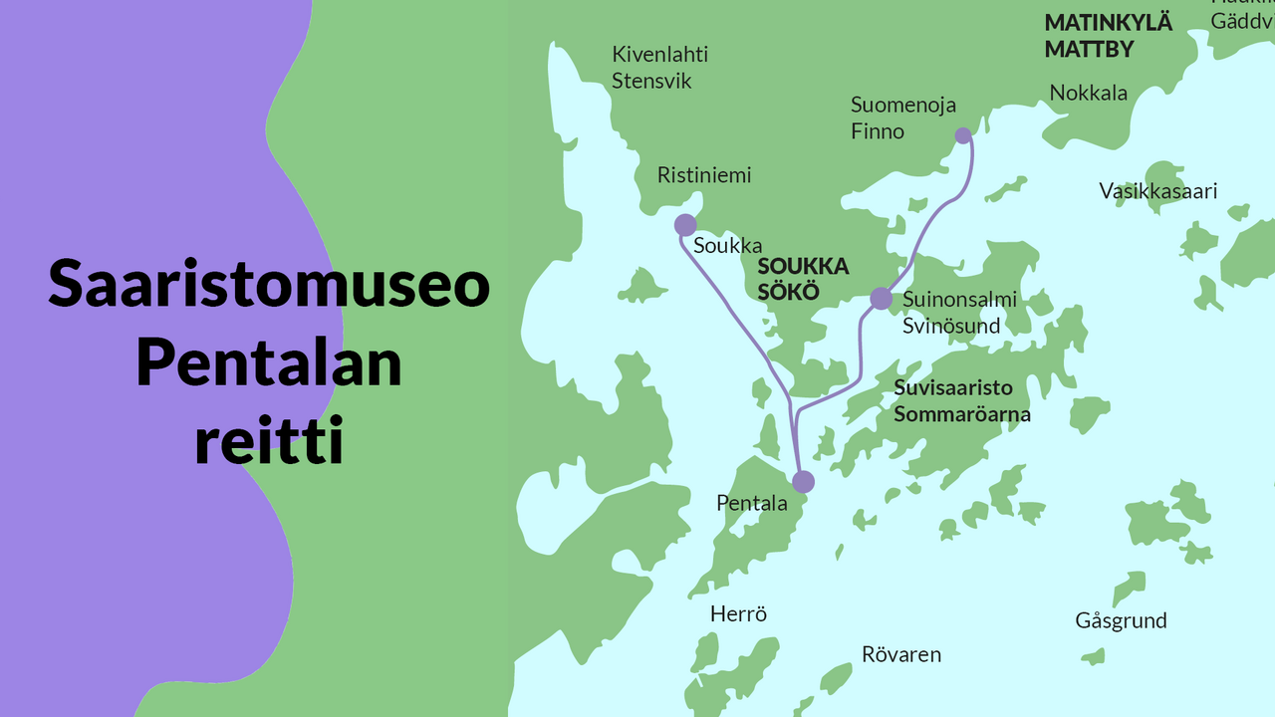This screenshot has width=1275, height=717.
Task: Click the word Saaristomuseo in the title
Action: [269, 284]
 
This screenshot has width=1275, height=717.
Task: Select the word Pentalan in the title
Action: [269, 362]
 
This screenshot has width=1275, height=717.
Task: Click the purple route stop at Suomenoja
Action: [962, 135]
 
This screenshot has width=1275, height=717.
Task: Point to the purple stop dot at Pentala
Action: [803, 482]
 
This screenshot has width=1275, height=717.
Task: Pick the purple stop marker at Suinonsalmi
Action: [881, 298]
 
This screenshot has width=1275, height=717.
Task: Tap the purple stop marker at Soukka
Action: [685, 225]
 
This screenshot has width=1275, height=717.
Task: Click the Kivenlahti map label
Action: [659, 55]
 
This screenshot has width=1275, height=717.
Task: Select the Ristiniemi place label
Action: [704, 175]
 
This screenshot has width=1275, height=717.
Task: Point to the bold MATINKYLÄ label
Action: [1109, 23]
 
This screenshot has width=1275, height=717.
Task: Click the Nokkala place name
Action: [1089, 94]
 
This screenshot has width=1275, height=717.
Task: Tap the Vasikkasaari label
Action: [1158, 191]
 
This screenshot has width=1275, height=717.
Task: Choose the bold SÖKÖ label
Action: [787, 293]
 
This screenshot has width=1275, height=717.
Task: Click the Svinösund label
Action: [951, 326]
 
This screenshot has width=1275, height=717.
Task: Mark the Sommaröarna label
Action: [961, 414]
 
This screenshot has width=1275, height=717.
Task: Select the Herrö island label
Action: [738, 614]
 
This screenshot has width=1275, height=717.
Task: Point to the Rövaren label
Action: [900, 654]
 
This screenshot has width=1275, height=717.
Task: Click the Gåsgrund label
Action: [1121, 620]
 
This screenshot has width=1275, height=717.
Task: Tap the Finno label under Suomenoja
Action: [878, 131]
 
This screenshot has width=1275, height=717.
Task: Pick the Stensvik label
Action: [651, 81]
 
